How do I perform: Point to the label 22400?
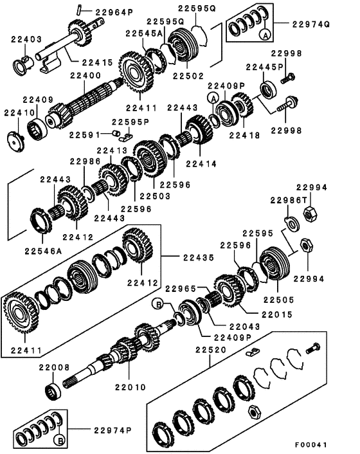(x=85, y=75)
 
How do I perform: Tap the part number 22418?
(x=244, y=136)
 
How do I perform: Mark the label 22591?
(x=84, y=135)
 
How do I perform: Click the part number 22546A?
(x=44, y=250)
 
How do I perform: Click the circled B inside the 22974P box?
(x=60, y=440)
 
